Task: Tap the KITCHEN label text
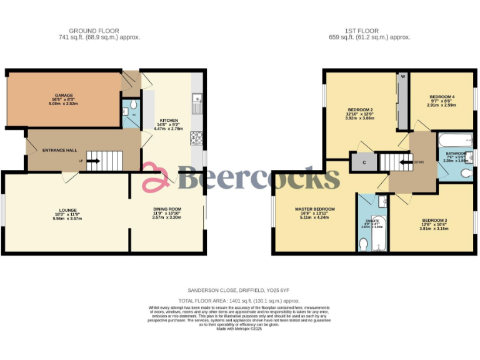[169, 120]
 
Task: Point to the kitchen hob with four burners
[196, 138]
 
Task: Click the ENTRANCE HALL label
[59, 150]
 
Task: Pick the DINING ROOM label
[167, 209]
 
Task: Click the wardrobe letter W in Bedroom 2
[403, 77]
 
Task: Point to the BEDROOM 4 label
[442, 96]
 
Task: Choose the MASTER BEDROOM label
[314, 209]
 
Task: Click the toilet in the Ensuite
[364, 246]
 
